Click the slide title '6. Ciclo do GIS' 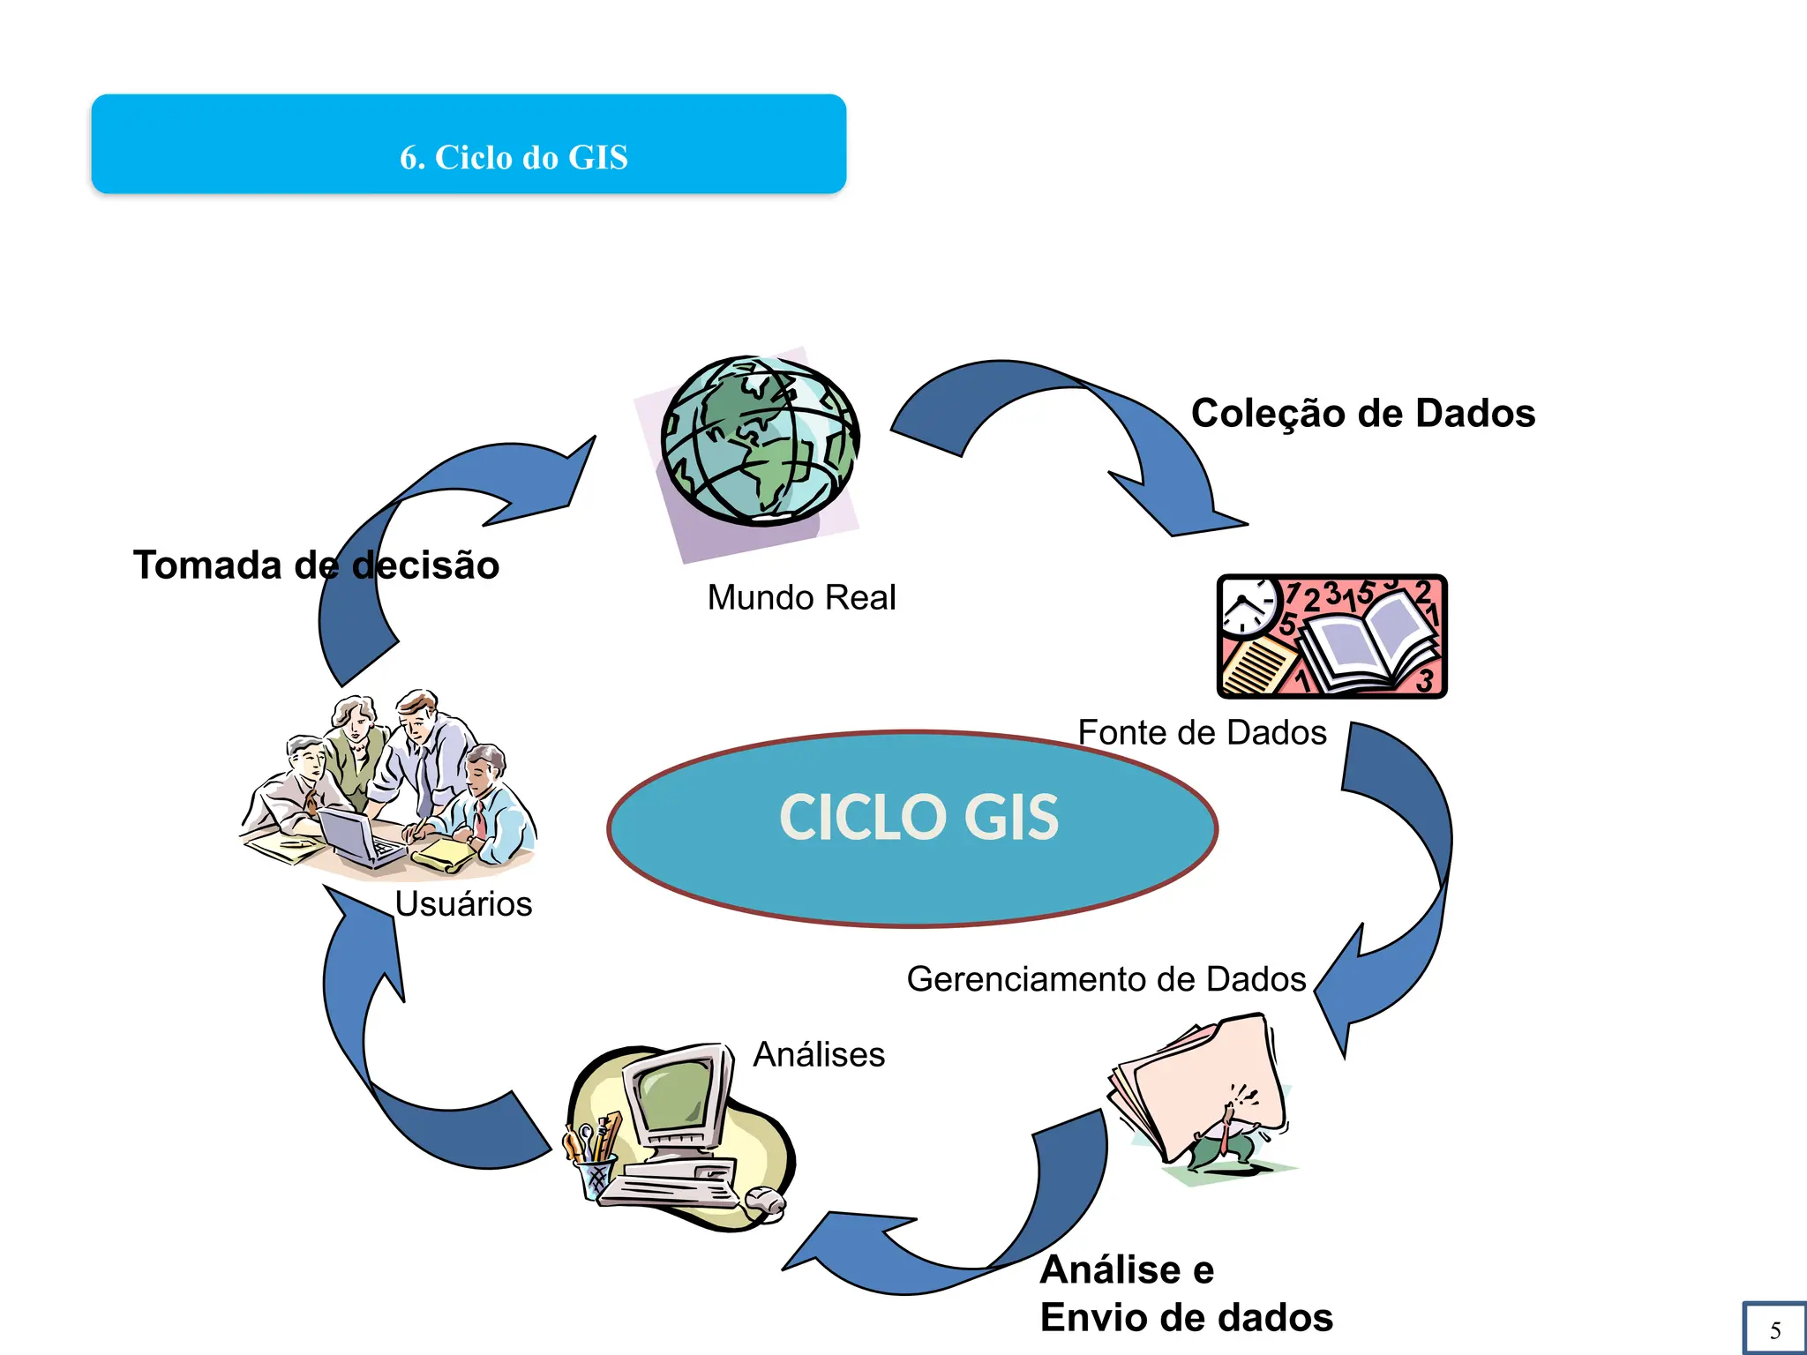[514, 157]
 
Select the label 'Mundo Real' [801, 597]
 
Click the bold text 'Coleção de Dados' [1363, 413]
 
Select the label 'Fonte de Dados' [1202, 732]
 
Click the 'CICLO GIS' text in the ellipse [918, 817]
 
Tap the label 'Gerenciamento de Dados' [1106, 979]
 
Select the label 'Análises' [819, 1054]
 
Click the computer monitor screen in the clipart [674, 1092]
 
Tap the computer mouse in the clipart [764, 1201]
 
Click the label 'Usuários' [463, 903]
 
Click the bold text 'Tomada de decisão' [316, 565]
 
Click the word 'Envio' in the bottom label [1092, 1317]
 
